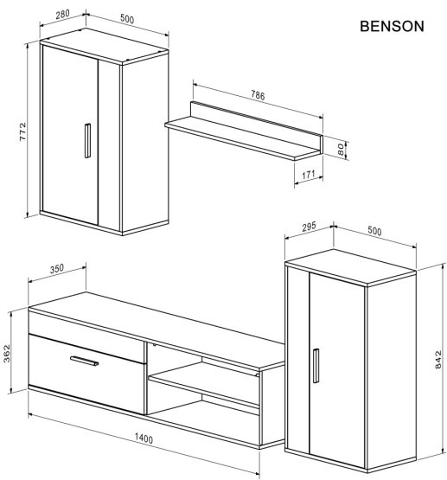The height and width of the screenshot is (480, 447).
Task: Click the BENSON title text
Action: point(391,26)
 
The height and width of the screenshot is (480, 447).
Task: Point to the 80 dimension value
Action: point(342,150)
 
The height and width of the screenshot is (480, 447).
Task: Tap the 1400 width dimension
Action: point(144,439)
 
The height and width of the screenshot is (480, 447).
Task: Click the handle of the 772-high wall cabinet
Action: point(86,141)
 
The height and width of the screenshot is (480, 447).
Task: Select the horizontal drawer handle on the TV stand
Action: point(85,361)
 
